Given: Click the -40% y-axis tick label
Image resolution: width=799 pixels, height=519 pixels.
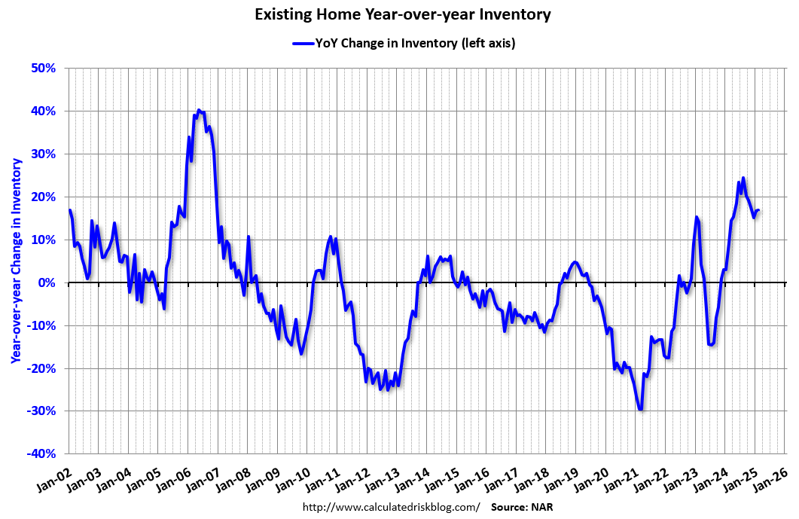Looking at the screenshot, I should pyautogui.click(x=42, y=454).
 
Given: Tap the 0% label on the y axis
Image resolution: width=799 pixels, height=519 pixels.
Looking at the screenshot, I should pyautogui.click(x=47, y=283).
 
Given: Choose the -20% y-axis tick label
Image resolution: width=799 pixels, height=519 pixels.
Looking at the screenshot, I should pyautogui.click(x=42, y=369).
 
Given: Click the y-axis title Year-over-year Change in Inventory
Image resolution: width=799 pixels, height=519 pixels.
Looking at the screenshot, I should pyautogui.click(x=15, y=260).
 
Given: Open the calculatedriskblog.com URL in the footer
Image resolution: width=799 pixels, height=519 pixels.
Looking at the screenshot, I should pyautogui.click(x=390, y=507).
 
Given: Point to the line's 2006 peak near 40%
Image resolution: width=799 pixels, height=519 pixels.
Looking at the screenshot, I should pyautogui.click(x=199, y=111).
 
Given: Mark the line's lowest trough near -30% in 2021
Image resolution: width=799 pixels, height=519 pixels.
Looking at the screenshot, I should pyautogui.click(x=640, y=409).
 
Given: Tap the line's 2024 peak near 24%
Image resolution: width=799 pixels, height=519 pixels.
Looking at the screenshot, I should pyautogui.click(x=743, y=179).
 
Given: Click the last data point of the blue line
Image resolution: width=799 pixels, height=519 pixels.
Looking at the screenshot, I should pyautogui.click(x=758, y=210).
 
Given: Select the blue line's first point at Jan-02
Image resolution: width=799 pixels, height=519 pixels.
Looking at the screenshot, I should pyautogui.click(x=69, y=210).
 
